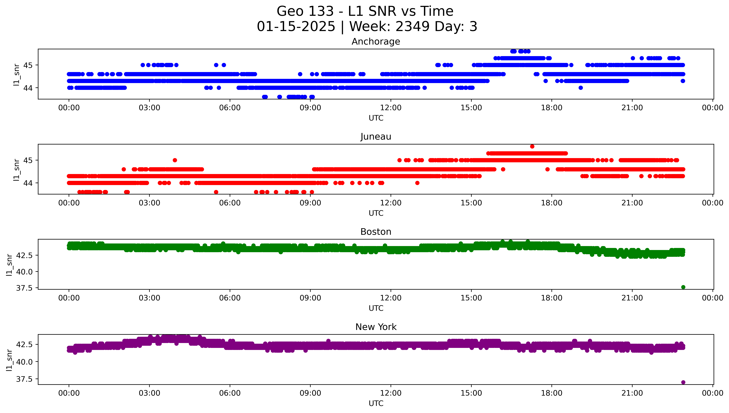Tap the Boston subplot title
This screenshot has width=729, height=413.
click(x=376, y=232)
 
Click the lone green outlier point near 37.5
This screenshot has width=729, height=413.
click(x=683, y=287)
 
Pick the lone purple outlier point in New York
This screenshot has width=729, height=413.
click(x=683, y=382)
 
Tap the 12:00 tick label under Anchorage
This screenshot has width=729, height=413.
click(x=391, y=108)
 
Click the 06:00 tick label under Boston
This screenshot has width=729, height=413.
click(x=230, y=298)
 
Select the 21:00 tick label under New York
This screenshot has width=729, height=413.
click(x=632, y=393)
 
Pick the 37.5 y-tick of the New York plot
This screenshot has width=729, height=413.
click(x=24, y=379)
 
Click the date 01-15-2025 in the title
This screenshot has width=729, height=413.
click(x=296, y=27)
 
